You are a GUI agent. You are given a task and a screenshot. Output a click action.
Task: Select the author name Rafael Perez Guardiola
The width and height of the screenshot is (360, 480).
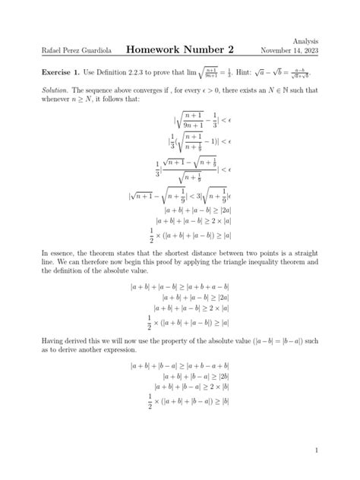[76, 52]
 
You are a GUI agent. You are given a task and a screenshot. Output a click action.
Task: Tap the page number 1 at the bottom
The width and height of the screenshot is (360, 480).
[316, 451]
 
